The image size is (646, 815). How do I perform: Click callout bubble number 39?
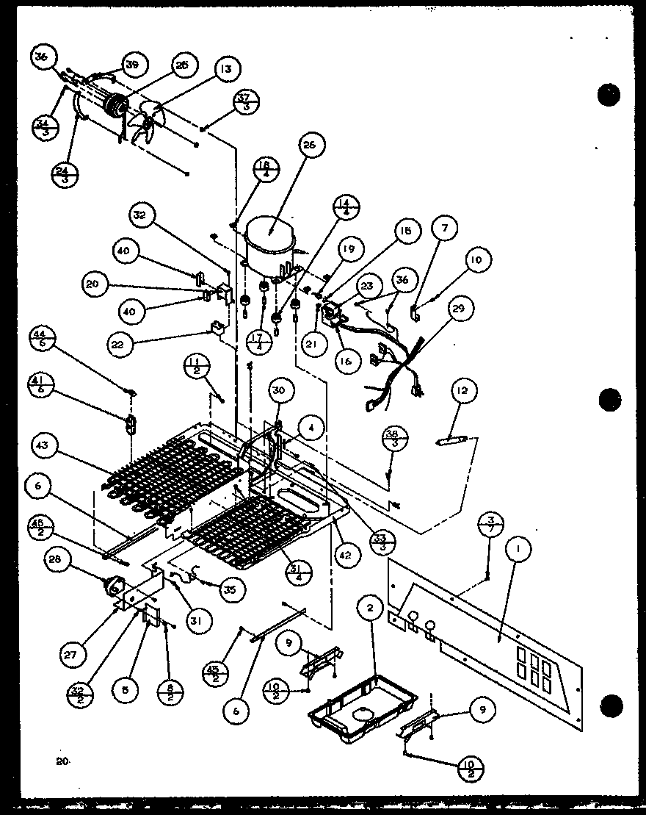pos(131,65)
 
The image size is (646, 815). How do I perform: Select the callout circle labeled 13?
pos(226,70)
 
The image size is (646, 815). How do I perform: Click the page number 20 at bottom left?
pos(62,763)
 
